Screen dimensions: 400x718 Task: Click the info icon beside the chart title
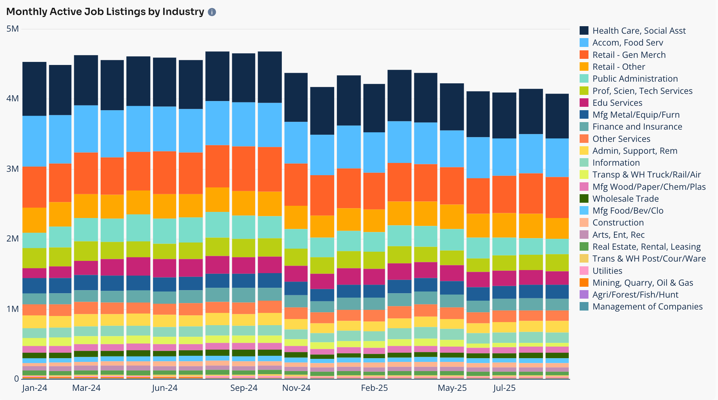(212, 12)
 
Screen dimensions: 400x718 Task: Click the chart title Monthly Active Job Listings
(105, 12)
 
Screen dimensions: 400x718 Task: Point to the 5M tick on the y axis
(13, 29)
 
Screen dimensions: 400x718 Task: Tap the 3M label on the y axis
(13, 169)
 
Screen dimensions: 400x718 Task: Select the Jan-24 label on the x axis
(34, 388)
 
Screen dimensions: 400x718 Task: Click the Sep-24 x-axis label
(244, 388)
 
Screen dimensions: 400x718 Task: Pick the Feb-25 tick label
(374, 388)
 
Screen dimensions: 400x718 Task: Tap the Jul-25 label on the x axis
(504, 388)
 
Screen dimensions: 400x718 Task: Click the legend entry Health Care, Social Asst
(639, 31)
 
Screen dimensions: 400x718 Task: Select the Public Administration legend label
(635, 79)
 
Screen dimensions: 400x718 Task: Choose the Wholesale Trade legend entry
(625, 199)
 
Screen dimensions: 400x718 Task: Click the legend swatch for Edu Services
(584, 103)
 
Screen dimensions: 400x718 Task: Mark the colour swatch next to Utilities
(584, 271)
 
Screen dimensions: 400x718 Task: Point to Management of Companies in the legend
(647, 306)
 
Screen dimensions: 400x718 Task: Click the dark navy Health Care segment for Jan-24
(34, 89)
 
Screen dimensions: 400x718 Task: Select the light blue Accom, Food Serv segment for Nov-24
(296, 143)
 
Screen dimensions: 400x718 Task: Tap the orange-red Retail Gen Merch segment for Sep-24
(244, 168)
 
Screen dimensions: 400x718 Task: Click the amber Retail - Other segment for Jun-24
(165, 206)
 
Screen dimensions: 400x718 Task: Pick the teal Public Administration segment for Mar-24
(86, 230)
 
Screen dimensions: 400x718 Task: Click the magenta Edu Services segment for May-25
(452, 273)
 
